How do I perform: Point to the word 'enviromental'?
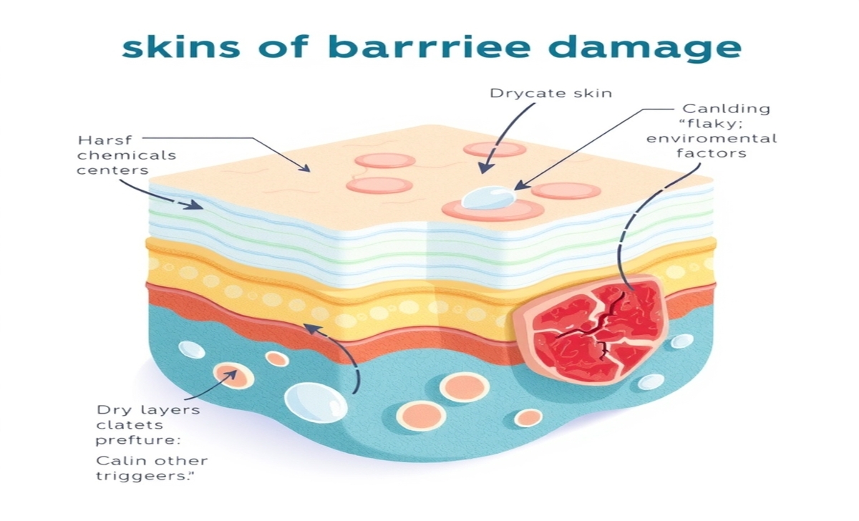712,138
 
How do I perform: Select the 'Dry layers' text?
148,410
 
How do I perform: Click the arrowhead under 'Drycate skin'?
485,169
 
